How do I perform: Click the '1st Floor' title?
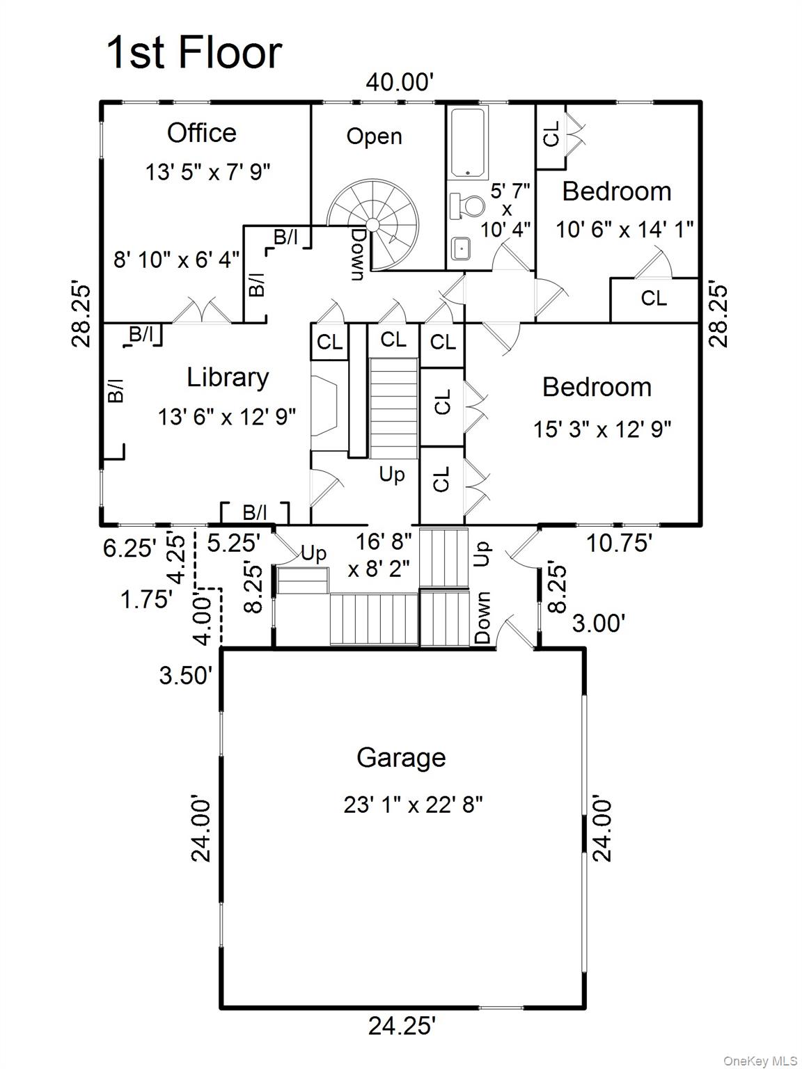[x=194, y=53]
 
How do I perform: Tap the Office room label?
[x=201, y=132]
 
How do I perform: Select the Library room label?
[x=228, y=377]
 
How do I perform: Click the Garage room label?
[x=401, y=757]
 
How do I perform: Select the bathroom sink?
[x=460, y=247]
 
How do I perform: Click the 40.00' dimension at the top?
[x=400, y=82]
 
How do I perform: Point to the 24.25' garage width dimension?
[x=402, y=1025]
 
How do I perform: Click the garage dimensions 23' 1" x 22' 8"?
[x=413, y=805]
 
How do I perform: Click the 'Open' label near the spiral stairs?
[x=374, y=136]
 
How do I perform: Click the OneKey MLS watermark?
[x=760, y=1061]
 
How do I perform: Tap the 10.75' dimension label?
[x=619, y=543]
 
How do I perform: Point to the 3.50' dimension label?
[x=185, y=674]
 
